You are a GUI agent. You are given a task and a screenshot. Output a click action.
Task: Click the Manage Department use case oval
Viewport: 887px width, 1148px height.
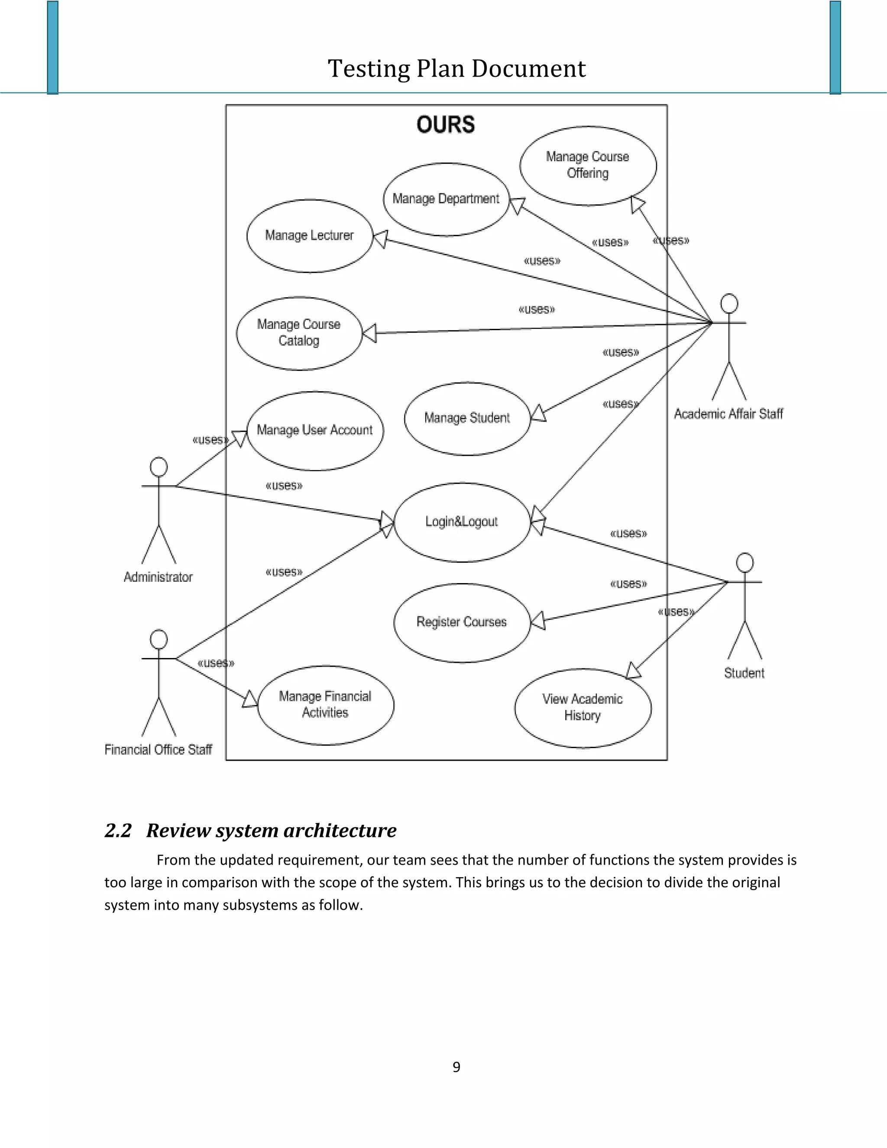(446, 199)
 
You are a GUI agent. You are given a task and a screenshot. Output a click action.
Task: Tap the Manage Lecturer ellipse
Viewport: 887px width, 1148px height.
(310, 236)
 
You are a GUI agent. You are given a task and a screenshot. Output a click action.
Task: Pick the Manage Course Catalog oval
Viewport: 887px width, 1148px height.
(299, 333)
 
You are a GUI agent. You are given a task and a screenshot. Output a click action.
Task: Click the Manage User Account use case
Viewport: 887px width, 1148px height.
(315, 431)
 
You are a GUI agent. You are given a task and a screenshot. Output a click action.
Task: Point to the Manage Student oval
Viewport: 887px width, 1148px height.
(467, 418)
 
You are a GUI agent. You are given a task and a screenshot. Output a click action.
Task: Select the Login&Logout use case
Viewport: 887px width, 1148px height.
(462, 522)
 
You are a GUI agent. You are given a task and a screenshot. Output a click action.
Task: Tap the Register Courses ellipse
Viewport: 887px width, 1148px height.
(462, 623)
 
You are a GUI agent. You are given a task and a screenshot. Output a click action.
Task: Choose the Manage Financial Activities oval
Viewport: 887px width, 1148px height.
(325, 705)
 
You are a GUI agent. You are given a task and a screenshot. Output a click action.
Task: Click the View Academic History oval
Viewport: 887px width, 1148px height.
(583, 707)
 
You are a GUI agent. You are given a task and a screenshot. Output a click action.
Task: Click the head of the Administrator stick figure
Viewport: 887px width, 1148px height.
(159, 467)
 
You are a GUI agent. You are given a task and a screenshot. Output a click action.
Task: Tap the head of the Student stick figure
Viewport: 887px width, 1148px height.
(745, 562)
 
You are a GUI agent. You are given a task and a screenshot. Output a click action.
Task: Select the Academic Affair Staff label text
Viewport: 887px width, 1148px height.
(728, 414)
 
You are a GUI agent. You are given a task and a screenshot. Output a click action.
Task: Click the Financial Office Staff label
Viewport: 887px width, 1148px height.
(158, 749)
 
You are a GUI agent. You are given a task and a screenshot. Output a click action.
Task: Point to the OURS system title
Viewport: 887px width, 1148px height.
(446, 125)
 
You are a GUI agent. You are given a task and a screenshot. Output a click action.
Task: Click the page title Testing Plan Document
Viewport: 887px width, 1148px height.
(456, 69)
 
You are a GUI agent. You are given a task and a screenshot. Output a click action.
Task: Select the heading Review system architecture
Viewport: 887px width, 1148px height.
(271, 830)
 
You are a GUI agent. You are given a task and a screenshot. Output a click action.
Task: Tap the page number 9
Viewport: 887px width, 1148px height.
(456, 1067)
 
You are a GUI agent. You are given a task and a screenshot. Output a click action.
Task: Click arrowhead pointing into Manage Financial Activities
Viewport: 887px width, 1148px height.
(251, 700)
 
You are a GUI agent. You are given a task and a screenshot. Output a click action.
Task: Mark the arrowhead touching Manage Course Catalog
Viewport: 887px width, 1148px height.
(370, 333)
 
